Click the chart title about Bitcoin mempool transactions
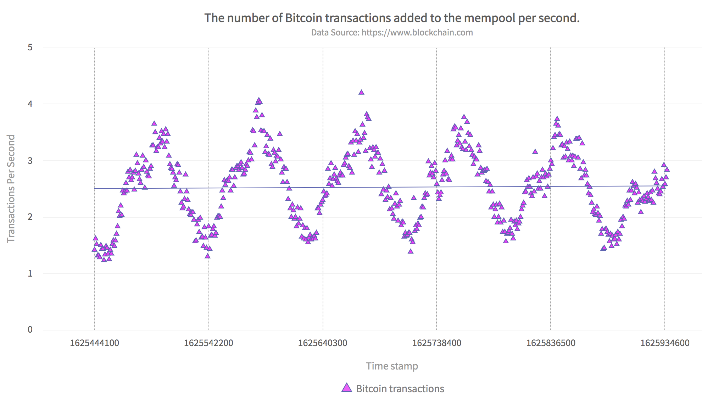coord(392,18)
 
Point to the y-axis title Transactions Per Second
coord(11,188)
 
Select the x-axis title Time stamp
coord(392,366)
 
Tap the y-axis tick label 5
coord(30,48)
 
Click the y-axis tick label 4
coord(30,104)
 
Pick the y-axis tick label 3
coord(30,161)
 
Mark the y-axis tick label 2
coord(30,217)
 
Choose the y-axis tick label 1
coord(30,273)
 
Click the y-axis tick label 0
coord(30,330)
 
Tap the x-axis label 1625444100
coord(95,343)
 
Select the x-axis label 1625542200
coord(208,343)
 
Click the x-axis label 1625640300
coord(323,343)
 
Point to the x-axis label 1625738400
coord(436,343)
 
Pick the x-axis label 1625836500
coord(551,343)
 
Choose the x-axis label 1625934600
coord(665,343)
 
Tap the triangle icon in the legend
coord(347,388)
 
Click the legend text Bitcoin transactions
coord(400,389)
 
